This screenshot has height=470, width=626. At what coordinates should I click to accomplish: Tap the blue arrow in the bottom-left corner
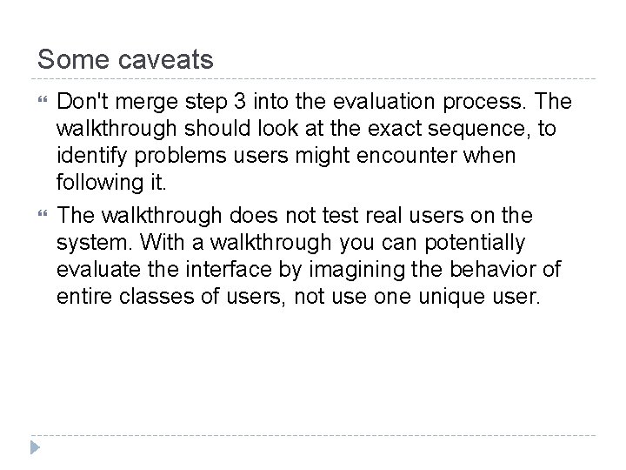[35, 450]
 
